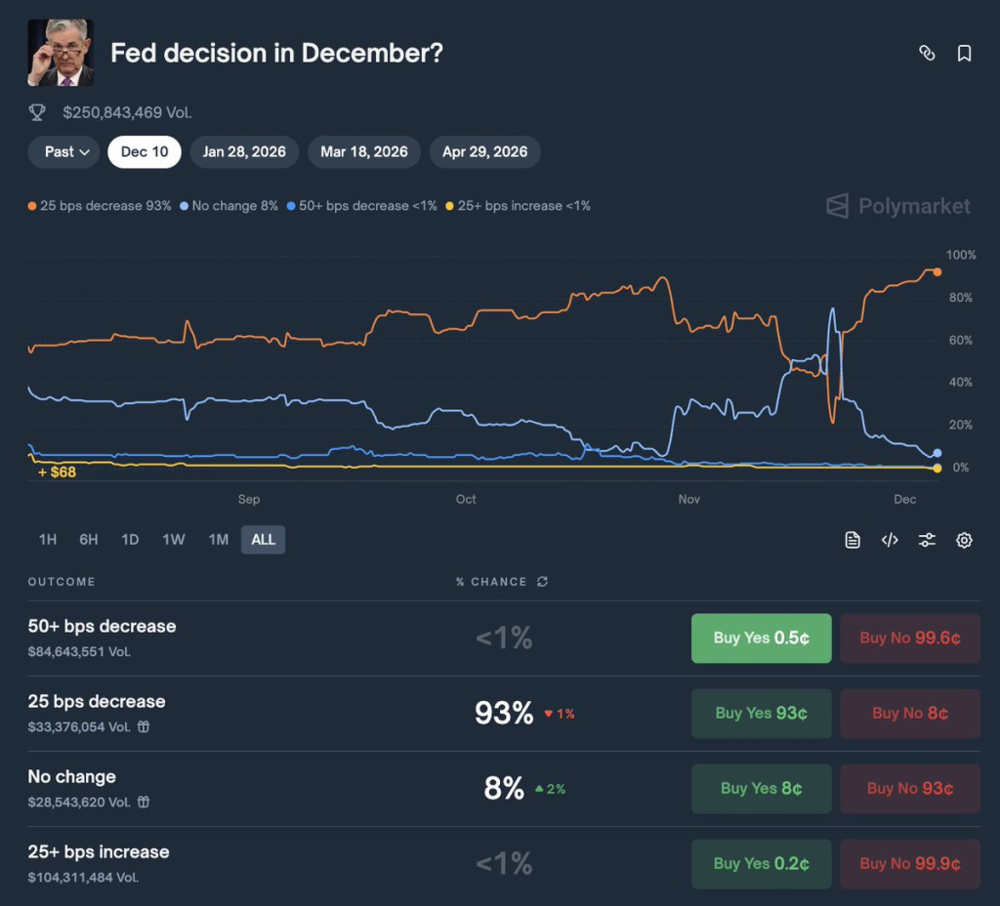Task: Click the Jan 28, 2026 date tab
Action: click(244, 152)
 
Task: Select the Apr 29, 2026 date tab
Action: click(484, 152)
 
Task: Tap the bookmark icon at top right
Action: click(964, 54)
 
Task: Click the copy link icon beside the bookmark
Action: click(927, 54)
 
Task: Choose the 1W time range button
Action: click(174, 540)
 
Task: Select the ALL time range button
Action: click(264, 540)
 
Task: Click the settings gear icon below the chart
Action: click(964, 540)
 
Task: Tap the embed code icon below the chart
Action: click(890, 540)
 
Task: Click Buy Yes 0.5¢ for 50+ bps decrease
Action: click(761, 638)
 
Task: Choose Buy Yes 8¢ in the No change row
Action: click(761, 789)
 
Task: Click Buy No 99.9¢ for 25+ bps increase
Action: click(910, 864)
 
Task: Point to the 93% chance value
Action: click(504, 714)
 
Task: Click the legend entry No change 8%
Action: click(230, 206)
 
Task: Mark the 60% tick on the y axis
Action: click(960, 341)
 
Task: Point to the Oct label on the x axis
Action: click(466, 500)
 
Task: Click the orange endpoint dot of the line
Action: click(937, 271)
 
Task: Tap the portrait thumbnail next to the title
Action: click(61, 53)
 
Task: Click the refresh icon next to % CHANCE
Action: click(542, 582)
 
